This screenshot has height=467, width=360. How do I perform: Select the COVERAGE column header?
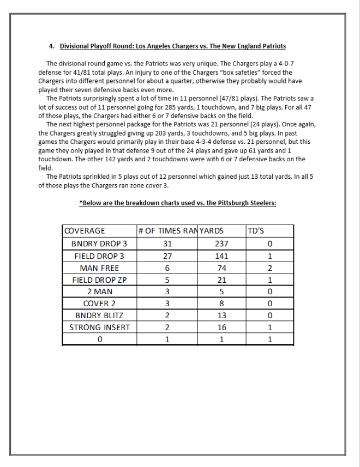point(85,231)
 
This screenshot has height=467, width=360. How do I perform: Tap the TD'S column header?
point(256,231)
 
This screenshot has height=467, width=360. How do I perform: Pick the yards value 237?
point(221,244)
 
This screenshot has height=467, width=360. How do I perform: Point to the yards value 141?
point(221,256)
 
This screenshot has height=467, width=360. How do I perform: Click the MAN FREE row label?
point(99,268)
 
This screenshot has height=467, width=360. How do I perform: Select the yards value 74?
point(221,268)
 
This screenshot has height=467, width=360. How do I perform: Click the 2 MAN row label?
point(99,292)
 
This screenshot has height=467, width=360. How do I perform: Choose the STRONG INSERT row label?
point(99,327)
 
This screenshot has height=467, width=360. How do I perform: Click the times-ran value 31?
point(167,244)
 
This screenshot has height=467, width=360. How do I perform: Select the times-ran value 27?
point(167,256)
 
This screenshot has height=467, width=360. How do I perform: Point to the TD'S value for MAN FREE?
point(269,268)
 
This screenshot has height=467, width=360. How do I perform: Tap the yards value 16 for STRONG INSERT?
point(221,327)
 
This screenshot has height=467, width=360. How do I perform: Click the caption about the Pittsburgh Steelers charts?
point(177,203)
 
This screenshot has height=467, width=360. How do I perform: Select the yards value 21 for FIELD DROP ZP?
point(221,280)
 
